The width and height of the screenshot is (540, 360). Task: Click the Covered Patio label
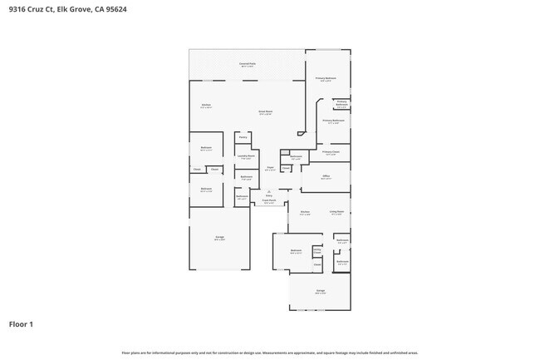248,64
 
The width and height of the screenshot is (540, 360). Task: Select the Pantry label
243,137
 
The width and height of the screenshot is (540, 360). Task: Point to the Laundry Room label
246,156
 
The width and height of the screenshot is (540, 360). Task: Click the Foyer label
270,168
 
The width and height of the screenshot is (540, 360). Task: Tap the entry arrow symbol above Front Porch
268,191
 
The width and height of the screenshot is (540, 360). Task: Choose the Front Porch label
268,200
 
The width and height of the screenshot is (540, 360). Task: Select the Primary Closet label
331,152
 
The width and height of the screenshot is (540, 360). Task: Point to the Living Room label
336,212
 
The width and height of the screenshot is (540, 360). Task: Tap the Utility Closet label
317,249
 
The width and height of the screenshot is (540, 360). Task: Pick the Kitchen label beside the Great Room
206,106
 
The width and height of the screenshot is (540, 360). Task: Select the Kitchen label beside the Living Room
305,213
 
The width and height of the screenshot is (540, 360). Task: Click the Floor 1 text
21,323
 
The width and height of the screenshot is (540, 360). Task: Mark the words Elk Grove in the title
72,11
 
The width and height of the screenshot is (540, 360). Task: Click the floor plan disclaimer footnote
269,353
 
